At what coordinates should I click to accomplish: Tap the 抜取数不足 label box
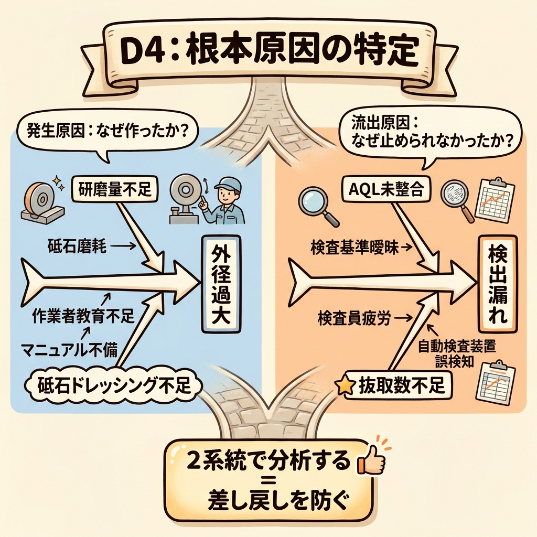click(401, 386)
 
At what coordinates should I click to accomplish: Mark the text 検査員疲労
click(355, 317)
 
